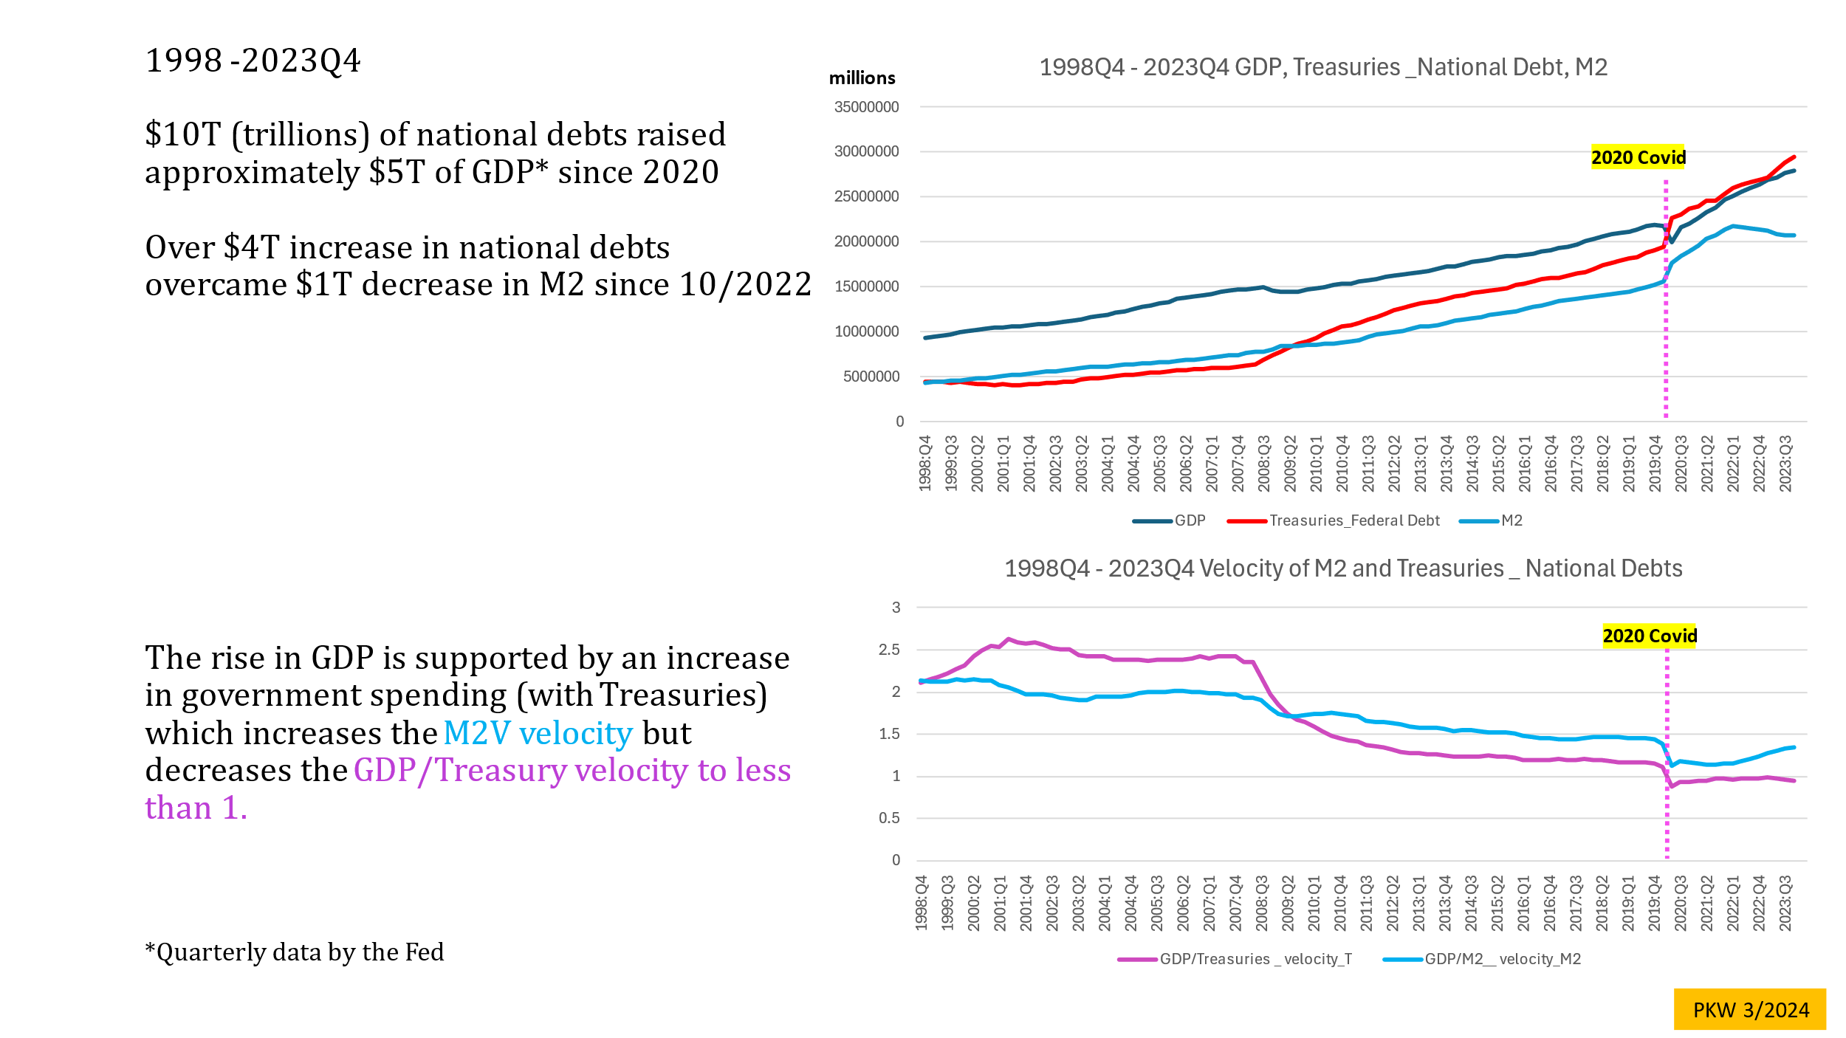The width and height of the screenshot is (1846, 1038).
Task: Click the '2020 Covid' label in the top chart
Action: (x=1638, y=157)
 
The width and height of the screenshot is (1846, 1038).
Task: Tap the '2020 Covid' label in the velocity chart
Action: (x=1650, y=636)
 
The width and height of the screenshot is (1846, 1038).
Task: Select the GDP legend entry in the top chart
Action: (x=1170, y=520)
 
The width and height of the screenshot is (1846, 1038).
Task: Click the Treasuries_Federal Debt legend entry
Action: (x=1334, y=520)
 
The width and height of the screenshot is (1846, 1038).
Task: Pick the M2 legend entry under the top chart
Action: (x=1492, y=520)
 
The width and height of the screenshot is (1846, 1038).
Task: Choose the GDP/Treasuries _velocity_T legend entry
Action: (x=1235, y=959)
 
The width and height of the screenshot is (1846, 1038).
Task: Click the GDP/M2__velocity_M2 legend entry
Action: (x=1483, y=959)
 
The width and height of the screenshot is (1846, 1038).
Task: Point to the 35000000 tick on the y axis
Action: (x=867, y=107)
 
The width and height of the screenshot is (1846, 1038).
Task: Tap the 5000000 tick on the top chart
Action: (x=871, y=377)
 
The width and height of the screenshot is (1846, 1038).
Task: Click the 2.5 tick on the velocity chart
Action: (x=890, y=650)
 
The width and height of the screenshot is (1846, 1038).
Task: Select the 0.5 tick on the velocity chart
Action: (x=890, y=818)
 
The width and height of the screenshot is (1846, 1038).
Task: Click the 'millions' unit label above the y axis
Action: (x=862, y=78)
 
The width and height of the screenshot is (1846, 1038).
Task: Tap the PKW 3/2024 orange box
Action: (x=1750, y=1009)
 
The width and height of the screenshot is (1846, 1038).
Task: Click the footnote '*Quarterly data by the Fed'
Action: (x=295, y=952)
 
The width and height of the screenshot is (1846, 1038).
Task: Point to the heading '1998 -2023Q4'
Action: (x=253, y=61)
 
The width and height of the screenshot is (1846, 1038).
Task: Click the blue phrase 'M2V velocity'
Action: (x=538, y=733)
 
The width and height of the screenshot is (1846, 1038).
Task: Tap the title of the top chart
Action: (x=1323, y=67)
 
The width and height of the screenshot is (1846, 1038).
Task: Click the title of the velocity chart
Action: (x=1343, y=568)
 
